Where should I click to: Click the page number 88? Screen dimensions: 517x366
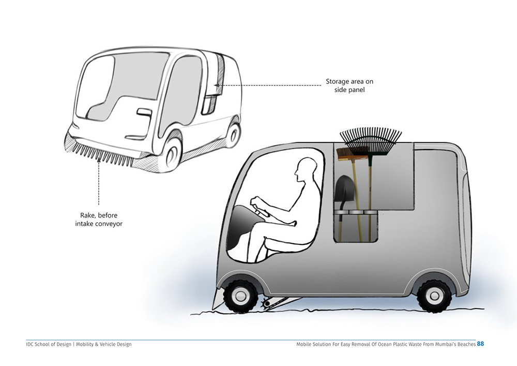click(x=480, y=344)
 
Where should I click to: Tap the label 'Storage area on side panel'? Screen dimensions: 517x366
click(x=349, y=85)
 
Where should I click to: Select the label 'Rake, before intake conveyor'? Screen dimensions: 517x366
click(x=99, y=219)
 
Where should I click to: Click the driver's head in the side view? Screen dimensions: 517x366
click(x=306, y=169)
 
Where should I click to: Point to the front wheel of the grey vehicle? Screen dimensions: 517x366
click(x=240, y=296)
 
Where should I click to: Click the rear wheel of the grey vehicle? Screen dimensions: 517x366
click(x=433, y=296)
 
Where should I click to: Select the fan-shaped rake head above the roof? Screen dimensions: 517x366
click(x=371, y=141)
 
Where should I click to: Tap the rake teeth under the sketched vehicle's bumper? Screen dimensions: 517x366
click(x=102, y=154)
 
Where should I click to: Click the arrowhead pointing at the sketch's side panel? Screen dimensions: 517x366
click(x=217, y=85)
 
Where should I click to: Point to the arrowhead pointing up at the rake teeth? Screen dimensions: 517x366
click(x=99, y=160)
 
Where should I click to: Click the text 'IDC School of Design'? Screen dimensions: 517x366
click(x=49, y=344)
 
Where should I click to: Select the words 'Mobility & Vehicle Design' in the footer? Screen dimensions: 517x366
click(x=104, y=344)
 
